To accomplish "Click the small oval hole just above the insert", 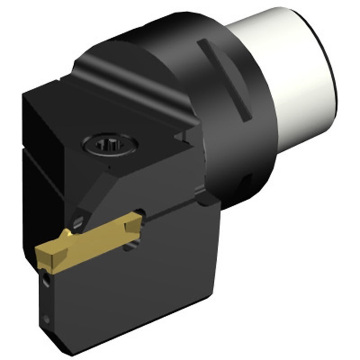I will [79, 220].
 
